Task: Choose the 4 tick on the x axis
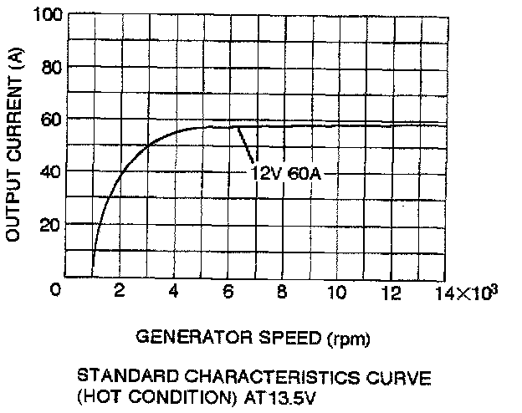pos(172,290)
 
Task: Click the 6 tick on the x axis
pos(228,290)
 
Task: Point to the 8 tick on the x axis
pos(282,290)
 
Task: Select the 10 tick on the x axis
pos(336,290)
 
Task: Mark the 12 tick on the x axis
pos(391,290)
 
